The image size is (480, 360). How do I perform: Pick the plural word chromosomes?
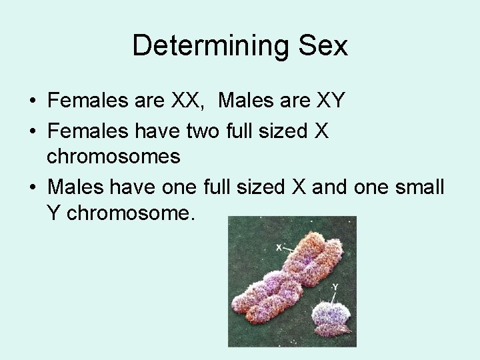[113, 156]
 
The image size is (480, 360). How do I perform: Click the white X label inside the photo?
[279, 247]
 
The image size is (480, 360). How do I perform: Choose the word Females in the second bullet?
[85, 131]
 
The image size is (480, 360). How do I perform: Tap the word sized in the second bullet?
[284, 131]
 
